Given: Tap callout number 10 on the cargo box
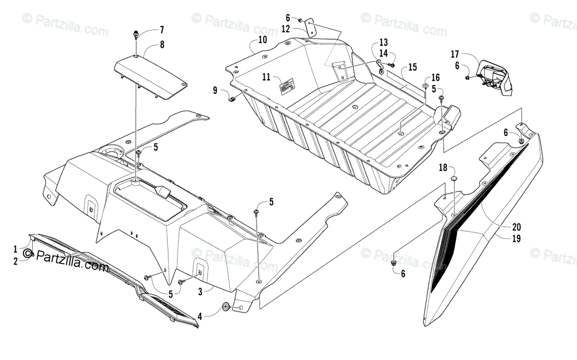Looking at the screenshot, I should click(x=262, y=40).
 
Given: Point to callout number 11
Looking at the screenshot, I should click(x=266, y=77).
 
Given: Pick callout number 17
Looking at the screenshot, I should click(x=455, y=54).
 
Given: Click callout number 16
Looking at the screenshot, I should click(x=435, y=77).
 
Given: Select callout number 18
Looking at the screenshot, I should click(x=443, y=168).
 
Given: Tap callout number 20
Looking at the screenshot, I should click(x=503, y=226).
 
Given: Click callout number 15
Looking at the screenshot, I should click(x=412, y=67).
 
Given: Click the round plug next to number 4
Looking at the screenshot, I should click(x=225, y=307).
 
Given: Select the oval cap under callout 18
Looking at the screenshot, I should click(x=453, y=179).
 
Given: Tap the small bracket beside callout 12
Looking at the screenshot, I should click(x=311, y=28).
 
